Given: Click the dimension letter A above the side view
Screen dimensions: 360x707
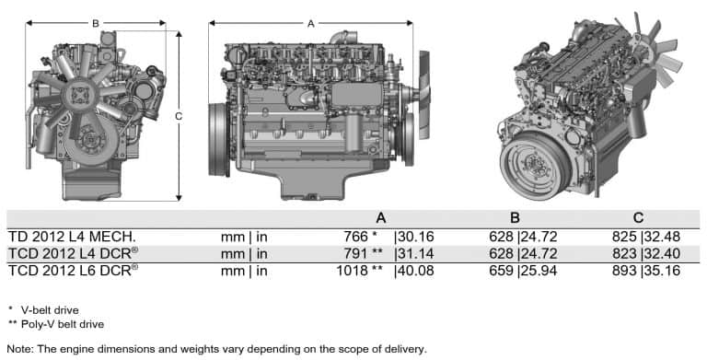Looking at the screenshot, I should [310, 22].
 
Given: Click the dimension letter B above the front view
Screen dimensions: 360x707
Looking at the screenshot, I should [96, 22].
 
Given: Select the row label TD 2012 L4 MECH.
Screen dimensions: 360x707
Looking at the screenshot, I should [72, 237].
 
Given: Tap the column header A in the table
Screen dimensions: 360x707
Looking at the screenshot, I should [380, 218].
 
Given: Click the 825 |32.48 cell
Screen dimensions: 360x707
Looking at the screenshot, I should [649, 237].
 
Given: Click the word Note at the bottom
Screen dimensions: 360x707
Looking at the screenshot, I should [19, 349].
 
